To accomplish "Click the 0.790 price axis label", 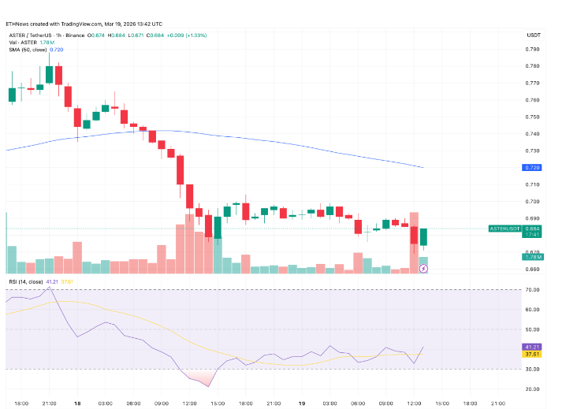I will point(533,49).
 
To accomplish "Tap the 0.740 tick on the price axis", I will point(533,134).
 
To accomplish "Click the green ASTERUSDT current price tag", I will point(505,229).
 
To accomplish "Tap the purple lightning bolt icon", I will point(423,268).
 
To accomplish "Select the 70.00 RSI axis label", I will point(533,291).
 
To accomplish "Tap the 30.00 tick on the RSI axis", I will point(533,368).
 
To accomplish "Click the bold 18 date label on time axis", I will point(77,403).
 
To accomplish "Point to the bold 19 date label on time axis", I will point(302,403).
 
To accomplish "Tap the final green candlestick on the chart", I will point(423,236).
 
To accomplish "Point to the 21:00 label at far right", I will point(497,403).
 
